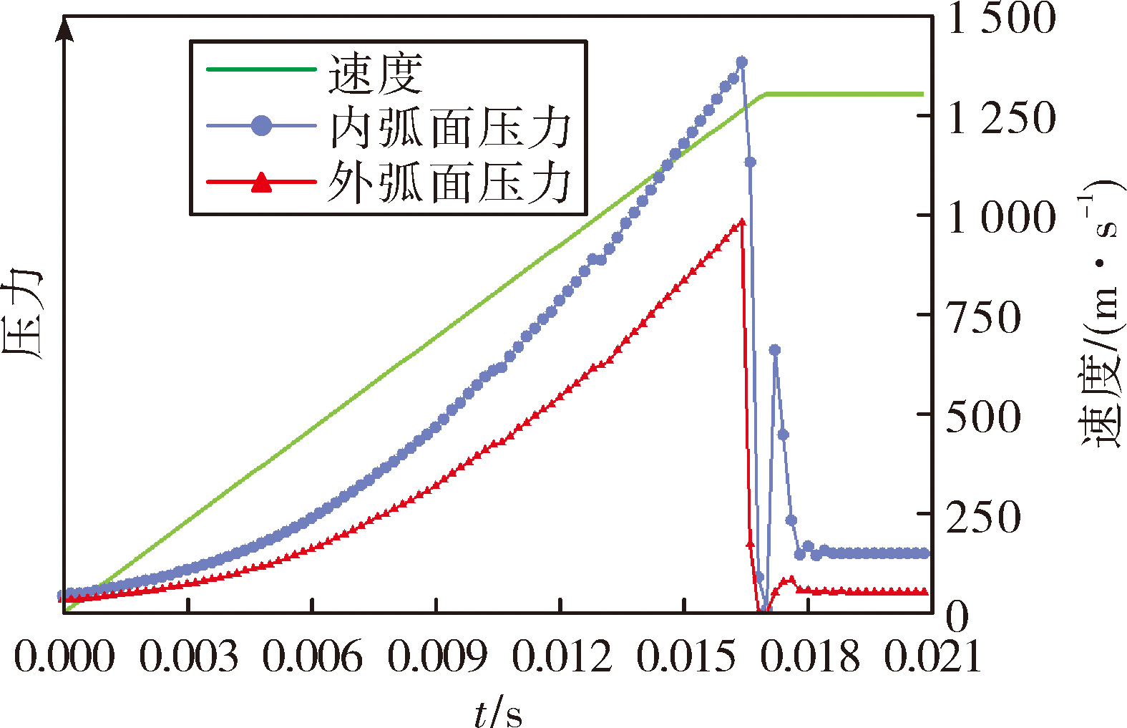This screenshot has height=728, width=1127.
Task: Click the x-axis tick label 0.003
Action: pos(188,656)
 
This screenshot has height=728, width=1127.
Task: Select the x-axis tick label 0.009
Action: pos(437,656)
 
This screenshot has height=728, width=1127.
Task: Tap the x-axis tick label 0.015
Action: pos(686,656)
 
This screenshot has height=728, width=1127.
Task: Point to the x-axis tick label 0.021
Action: pos(932,656)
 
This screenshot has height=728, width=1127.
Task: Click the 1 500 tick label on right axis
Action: pos(1001,19)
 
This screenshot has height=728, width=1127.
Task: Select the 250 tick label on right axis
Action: pos(984,517)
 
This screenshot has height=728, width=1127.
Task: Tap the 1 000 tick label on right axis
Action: pos(1001,218)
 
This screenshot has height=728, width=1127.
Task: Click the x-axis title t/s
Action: pos(498,711)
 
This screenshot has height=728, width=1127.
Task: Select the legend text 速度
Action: pos(376,74)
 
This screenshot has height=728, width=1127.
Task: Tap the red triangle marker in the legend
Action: pos(261,182)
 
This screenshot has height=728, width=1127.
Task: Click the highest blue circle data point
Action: pos(741,62)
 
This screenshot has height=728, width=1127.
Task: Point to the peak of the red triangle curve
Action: pos(741,222)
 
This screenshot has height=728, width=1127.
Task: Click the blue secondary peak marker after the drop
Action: pos(775,350)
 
